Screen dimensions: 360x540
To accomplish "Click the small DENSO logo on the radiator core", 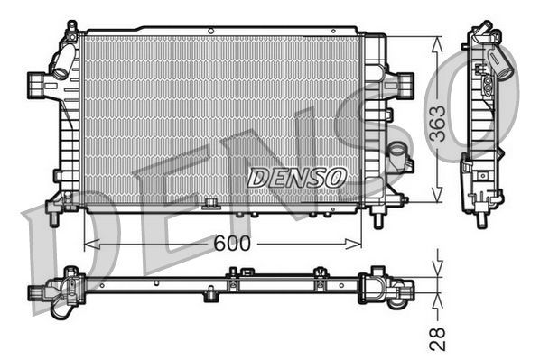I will point(296,177).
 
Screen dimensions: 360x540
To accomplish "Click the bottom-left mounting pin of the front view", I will point(53,217).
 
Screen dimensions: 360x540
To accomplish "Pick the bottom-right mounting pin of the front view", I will point(378,218).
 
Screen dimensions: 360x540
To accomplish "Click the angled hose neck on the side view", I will point(499,61).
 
